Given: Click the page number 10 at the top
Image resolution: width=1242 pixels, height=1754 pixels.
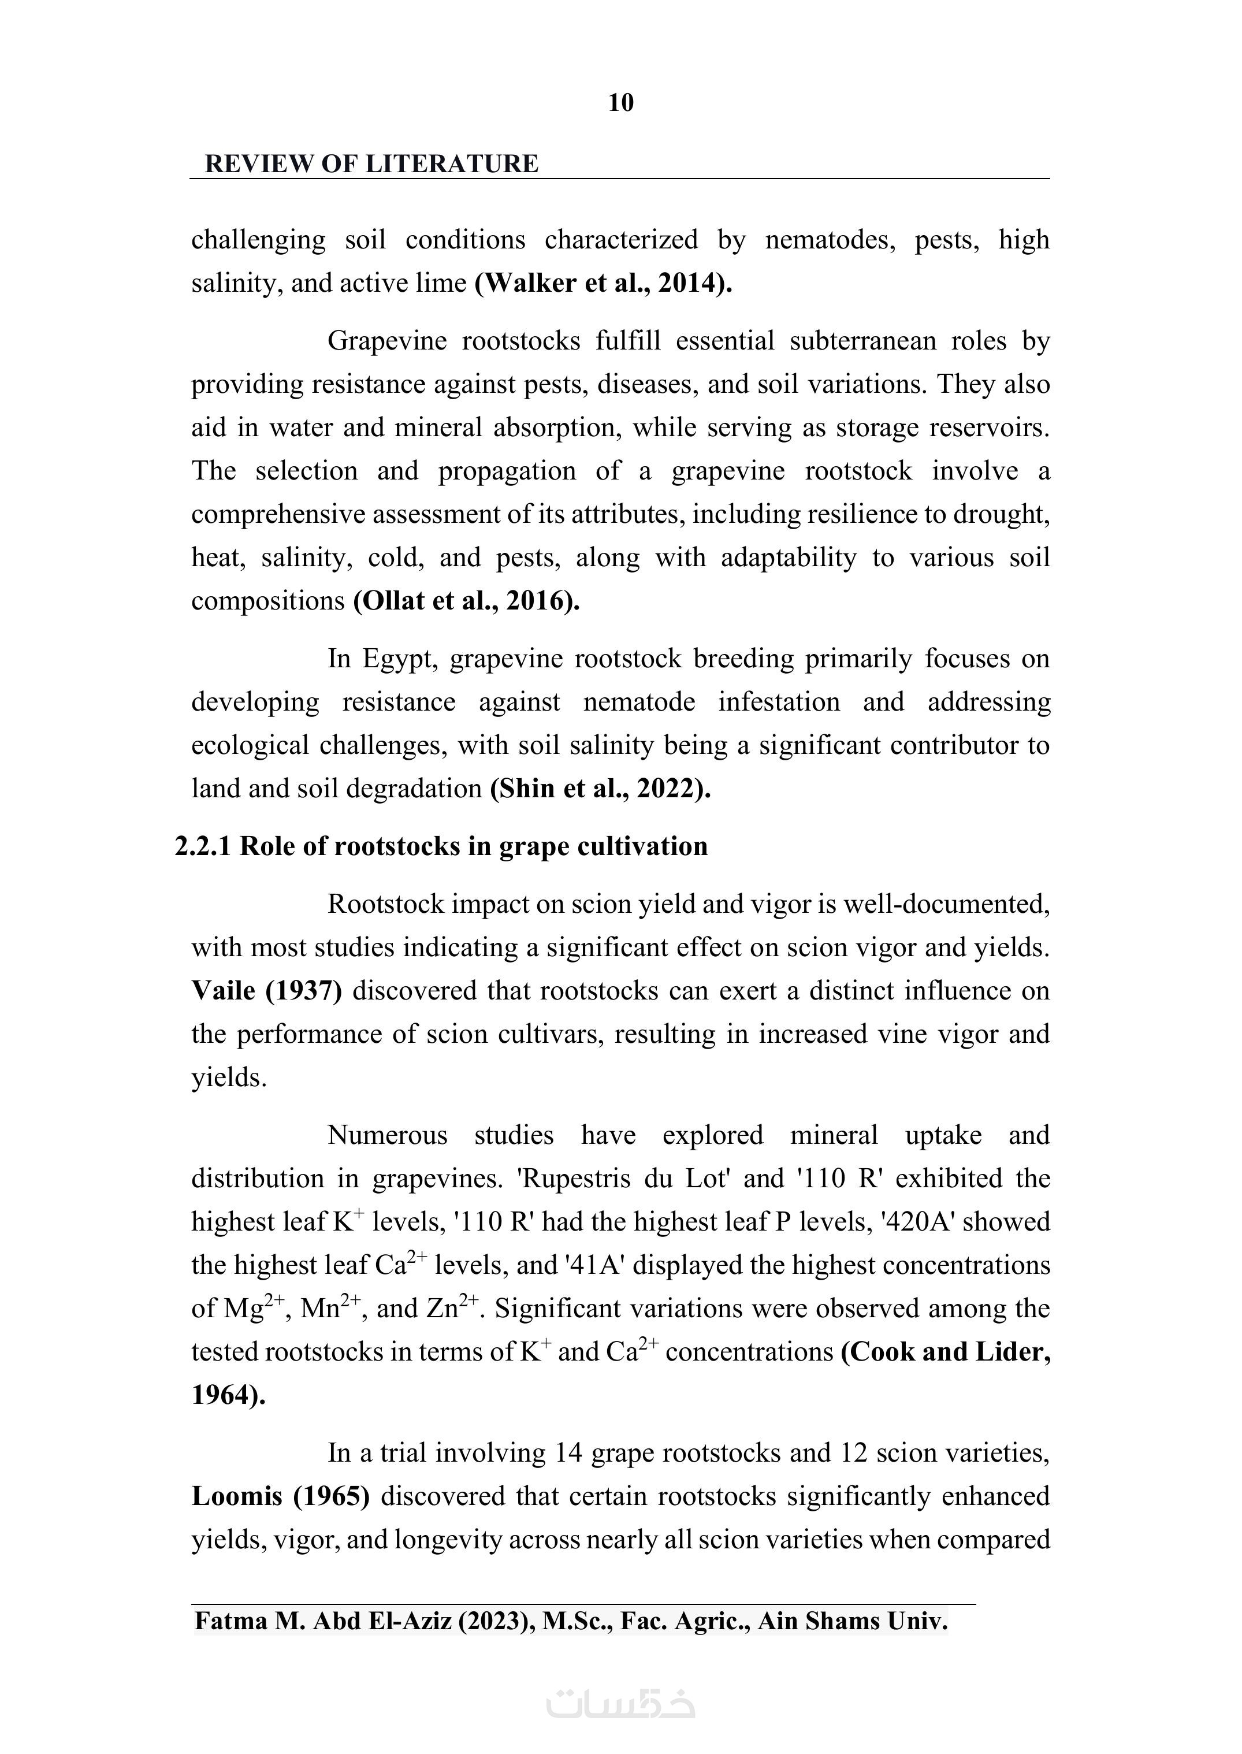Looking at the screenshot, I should [x=620, y=102].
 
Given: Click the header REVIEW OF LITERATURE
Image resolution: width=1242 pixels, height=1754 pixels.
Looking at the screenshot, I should [x=371, y=163].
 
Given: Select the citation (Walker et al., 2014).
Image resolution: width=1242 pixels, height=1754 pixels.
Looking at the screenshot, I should [x=603, y=283].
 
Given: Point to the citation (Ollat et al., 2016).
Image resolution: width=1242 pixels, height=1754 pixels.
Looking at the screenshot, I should [x=466, y=600].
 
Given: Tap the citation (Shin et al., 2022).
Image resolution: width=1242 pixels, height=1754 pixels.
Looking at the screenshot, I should [x=600, y=788].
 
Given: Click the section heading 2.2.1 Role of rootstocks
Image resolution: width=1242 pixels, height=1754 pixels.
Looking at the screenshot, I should [x=441, y=846].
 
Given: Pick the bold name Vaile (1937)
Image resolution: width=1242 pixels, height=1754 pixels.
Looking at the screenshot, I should [x=266, y=991].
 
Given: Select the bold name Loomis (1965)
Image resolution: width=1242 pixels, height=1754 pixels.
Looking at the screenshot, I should [x=280, y=1495].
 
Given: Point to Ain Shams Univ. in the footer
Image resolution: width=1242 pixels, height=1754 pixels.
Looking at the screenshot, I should [x=852, y=1621].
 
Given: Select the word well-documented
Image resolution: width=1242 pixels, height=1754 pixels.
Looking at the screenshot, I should [x=946, y=904].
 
